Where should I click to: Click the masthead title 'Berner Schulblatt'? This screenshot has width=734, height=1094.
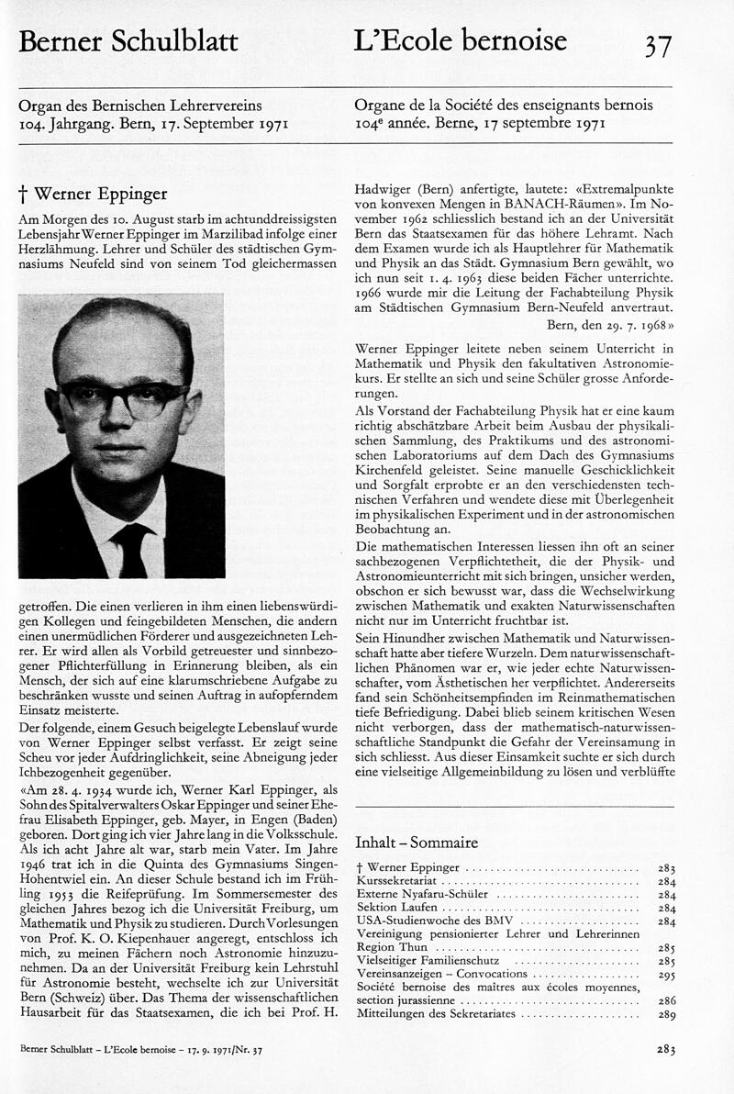click(x=128, y=41)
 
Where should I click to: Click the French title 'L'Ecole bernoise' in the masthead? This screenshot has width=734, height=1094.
click(x=461, y=40)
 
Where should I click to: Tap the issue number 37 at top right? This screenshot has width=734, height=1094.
click(x=658, y=45)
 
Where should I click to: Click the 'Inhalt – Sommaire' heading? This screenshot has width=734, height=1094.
click(x=416, y=843)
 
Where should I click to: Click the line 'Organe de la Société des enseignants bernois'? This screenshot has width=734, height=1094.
click(x=504, y=106)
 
